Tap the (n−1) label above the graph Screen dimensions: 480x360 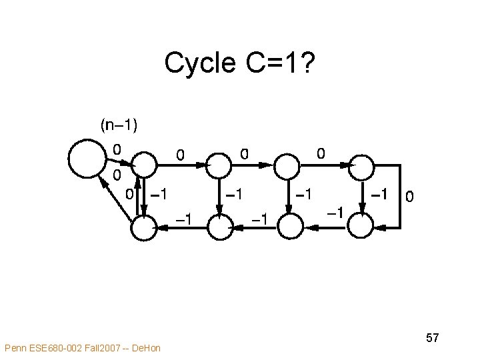119,124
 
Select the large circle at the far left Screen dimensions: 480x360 87,159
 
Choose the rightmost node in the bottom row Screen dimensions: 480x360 361,227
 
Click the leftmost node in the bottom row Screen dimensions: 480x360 143,229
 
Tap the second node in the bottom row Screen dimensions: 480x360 219,227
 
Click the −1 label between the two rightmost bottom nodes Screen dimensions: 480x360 335,213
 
